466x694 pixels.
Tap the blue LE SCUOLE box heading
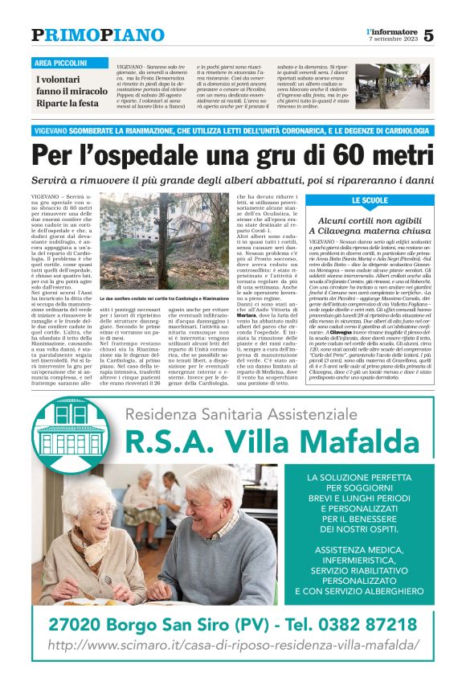pyautogui.click(x=392, y=200)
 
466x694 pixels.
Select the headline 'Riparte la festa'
pyautogui.click(x=66, y=104)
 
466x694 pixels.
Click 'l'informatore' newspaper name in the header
pyautogui.click(x=390, y=31)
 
